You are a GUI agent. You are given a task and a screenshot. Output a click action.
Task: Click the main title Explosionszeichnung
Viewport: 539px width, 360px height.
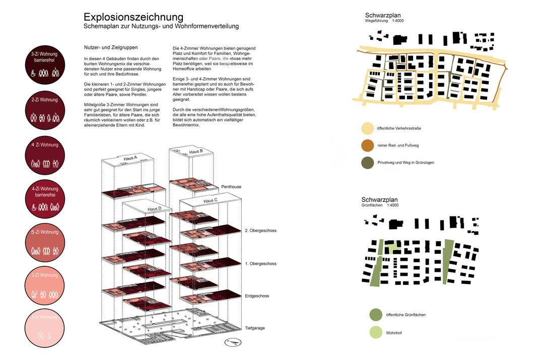tap(133, 18)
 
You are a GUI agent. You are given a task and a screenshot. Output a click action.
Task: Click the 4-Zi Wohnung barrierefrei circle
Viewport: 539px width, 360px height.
tap(45, 197)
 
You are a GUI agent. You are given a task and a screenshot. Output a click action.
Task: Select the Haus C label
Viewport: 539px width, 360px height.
tap(211, 201)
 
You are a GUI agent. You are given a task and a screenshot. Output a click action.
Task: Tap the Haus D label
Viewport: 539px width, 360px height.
tap(154, 209)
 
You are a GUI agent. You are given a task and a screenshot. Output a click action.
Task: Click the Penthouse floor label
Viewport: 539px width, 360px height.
tap(231, 187)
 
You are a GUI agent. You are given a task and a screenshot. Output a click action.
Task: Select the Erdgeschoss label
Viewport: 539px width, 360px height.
tap(257, 297)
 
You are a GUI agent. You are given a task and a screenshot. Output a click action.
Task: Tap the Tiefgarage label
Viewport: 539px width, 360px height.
tap(255, 328)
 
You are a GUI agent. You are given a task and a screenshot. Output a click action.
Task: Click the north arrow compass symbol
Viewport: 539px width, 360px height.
tap(233, 342)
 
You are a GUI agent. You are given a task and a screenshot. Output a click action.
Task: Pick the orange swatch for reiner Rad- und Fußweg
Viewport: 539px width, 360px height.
tap(368, 146)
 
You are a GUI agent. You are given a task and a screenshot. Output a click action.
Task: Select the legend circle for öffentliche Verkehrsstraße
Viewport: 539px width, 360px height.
tap(368, 128)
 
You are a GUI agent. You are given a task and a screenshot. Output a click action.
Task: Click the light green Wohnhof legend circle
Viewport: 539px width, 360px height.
tap(375, 332)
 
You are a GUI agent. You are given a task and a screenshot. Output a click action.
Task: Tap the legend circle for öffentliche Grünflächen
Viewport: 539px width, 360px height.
tap(375, 315)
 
